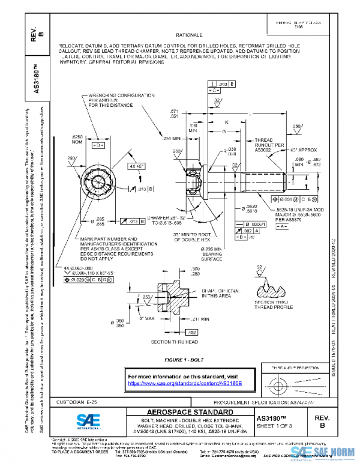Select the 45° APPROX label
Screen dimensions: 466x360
click(292, 148)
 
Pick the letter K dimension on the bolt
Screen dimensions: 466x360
click(226, 122)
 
